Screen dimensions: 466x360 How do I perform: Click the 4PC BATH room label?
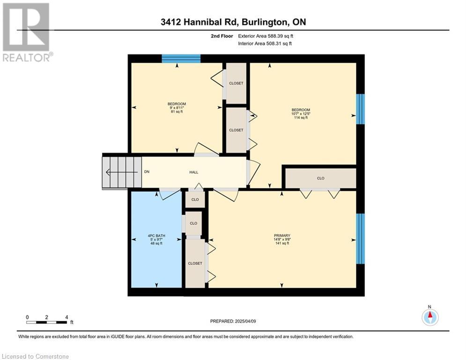coord(156,236)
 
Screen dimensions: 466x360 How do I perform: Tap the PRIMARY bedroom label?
coord(282,235)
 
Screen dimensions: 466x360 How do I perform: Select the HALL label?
coord(194,172)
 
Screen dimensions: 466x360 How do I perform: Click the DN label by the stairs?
coord(147,172)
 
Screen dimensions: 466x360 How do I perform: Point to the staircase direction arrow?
coord(122,172)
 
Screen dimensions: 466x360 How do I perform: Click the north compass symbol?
coord(430,317)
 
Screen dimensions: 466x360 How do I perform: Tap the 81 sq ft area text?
coord(177,112)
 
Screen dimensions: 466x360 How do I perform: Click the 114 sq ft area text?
coord(301,118)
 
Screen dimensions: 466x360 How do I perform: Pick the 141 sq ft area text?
coord(282,243)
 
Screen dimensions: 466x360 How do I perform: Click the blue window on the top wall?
coord(181,58)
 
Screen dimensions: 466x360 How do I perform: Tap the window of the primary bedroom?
coord(360,239)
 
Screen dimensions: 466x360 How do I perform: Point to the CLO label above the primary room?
coord(321,178)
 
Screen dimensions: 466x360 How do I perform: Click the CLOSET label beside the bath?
coord(195,263)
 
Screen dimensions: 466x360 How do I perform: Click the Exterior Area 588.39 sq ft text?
coord(266,36)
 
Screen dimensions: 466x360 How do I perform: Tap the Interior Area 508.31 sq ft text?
coord(265,44)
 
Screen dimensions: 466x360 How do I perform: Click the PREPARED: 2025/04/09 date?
coord(233,321)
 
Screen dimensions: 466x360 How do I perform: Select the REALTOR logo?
coord(27,32)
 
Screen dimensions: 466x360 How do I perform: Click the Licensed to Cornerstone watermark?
coord(36,356)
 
